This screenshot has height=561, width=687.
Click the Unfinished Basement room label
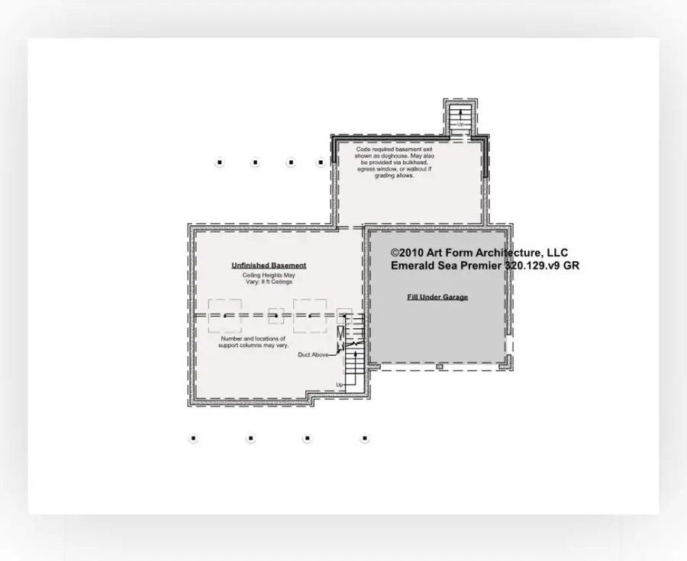click(x=269, y=266)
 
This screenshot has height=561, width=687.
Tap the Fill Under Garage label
click(x=437, y=297)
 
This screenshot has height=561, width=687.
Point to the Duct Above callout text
click(x=314, y=355)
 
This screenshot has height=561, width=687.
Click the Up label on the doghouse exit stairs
click(x=460, y=124)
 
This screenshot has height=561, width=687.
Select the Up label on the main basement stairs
click(x=339, y=384)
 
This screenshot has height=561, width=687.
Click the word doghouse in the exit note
click(x=412, y=156)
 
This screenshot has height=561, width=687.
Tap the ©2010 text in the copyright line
click(x=406, y=253)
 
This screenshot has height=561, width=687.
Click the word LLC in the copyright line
click(x=556, y=253)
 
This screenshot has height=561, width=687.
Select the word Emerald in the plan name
click(x=411, y=266)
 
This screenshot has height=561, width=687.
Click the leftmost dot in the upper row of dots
click(x=219, y=163)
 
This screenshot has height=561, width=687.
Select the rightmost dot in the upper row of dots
click(x=321, y=163)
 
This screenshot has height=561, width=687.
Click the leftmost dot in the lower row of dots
click(x=193, y=438)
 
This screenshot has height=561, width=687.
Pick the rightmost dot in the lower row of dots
click(x=365, y=438)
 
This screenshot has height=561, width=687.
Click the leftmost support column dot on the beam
click(x=225, y=315)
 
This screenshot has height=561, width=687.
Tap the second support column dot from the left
click(x=276, y=315)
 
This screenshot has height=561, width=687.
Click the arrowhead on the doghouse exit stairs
click(x=460, y=111)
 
